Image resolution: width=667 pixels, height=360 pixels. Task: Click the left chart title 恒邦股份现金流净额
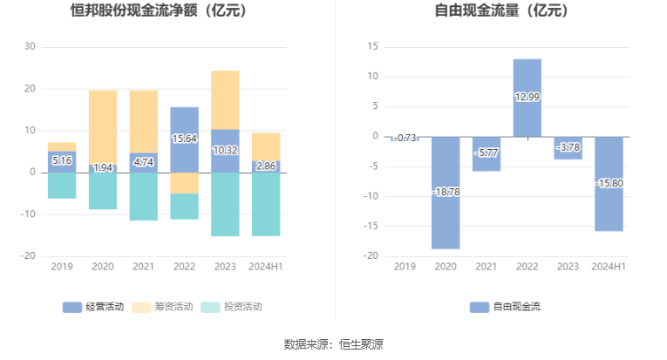click(x=158, y=12)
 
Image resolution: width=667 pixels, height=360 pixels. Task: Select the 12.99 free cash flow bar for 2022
click(x=527, y=97)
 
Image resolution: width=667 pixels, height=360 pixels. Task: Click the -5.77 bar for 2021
click(x=487, y=153)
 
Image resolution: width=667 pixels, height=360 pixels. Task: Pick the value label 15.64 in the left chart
click(x=184, y=139)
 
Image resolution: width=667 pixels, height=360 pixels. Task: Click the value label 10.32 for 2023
click(x=225, y=151)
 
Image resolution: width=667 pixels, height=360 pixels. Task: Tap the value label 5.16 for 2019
click(x=62, y=161)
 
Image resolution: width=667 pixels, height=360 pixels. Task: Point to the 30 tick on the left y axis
click(x=30, y=46)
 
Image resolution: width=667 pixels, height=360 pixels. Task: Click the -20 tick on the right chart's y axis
click(x=371, y=256)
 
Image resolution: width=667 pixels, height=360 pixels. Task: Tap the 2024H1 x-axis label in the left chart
click(x=266, y=267)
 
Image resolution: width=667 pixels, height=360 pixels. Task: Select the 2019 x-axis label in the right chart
click(x=405, y=267)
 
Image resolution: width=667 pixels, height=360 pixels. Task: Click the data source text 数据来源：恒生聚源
click(x=333, y=344)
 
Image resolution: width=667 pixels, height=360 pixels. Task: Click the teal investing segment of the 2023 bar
click(x=225, y=204)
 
